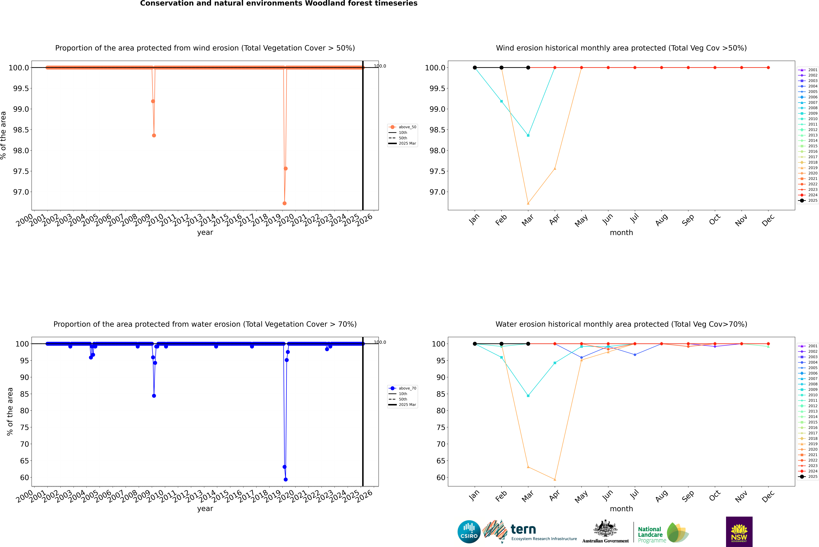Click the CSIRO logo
coord(469,532)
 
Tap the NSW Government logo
coord(739,532)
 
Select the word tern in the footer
coord(523,530)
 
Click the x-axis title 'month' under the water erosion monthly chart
coord(621,509)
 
